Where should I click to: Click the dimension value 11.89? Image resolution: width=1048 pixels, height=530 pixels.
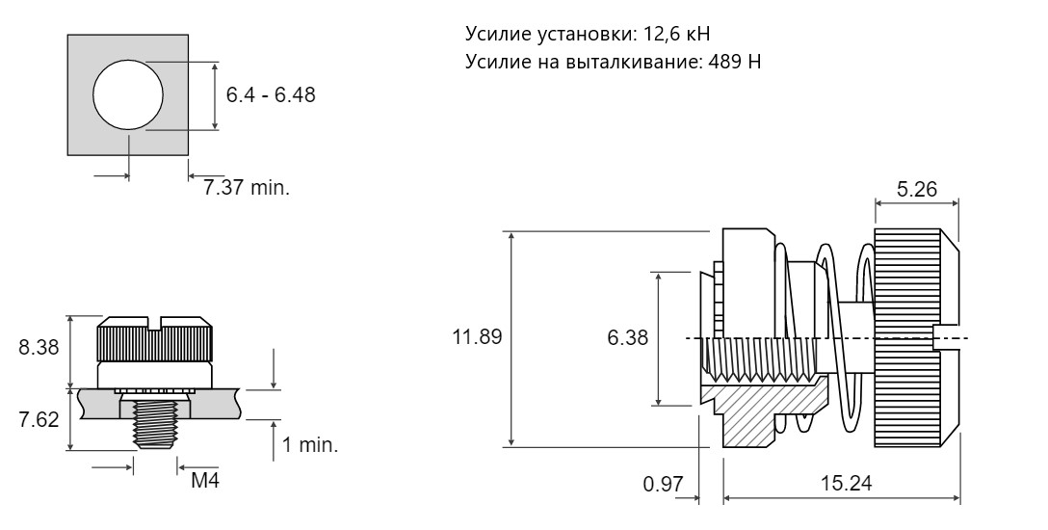[477, 336]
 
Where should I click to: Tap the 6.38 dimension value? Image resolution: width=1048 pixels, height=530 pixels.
[628, 337]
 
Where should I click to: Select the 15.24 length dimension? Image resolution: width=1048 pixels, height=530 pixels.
[846, 483]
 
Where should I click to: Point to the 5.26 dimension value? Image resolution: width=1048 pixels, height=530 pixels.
[917, 189]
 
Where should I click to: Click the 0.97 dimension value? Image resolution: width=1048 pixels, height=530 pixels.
[664, 483]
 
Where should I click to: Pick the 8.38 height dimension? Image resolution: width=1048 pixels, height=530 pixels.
[39, 348]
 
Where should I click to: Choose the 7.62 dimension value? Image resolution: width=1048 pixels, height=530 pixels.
[39, 420]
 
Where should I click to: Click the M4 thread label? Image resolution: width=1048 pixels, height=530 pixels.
[205, 481]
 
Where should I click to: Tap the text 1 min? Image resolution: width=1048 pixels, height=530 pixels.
[309, 445]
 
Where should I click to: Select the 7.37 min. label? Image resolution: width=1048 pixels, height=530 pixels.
[247, 187]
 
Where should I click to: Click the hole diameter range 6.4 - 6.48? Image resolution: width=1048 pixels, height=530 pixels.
[270, 94]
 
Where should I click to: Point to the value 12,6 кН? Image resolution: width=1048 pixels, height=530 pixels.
[676, 34]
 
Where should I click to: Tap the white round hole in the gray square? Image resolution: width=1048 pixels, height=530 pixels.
[128, 94]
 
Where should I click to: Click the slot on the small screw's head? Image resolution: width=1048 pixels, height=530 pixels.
[155, 323]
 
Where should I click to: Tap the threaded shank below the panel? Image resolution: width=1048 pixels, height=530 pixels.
[155, 423]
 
